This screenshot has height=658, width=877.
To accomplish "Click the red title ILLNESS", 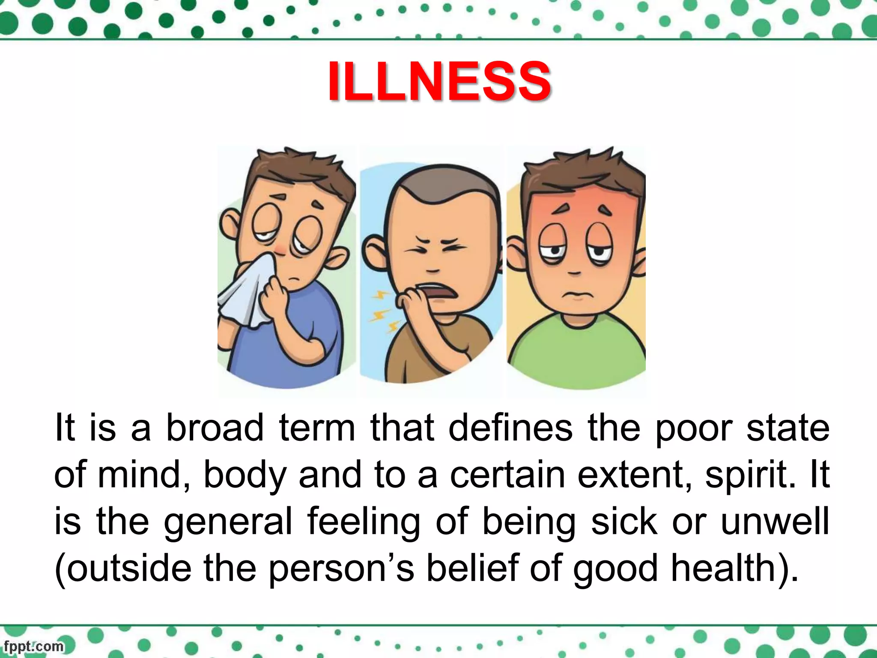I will click(x=439, y=81).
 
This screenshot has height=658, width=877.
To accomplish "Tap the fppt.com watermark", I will click(x=33, y=646).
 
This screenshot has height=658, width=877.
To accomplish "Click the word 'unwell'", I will click(x=775, y=521).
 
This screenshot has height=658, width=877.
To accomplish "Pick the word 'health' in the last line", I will click(x=724, y=568).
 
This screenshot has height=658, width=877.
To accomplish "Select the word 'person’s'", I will click(x=342, y=569).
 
